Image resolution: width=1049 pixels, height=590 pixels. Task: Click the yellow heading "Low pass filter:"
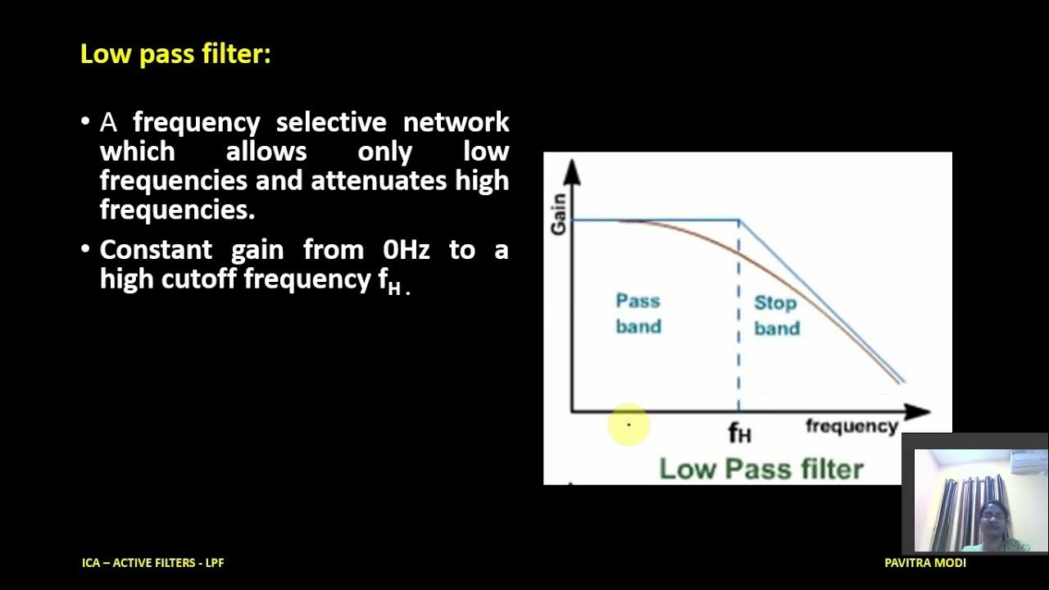coord(175,54)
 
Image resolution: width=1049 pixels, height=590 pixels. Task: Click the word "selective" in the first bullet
coord(331,122)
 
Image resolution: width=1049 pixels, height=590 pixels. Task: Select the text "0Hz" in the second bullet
coord(406,250)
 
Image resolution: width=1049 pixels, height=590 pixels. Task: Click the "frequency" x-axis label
coord(851,426)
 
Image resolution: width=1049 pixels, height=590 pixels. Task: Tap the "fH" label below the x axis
coord(739,432)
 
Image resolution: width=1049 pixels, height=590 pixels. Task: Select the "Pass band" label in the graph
coord(638,313)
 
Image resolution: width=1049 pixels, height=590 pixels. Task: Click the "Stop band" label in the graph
coord(776,315)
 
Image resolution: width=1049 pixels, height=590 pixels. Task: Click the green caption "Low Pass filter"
coord(761,469)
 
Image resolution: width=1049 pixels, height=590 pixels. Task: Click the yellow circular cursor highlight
coord(629,424)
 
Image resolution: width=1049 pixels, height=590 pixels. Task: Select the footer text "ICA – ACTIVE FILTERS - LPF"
coord(152,563)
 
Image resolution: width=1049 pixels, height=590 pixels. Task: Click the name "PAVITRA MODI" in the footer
coord(925,563)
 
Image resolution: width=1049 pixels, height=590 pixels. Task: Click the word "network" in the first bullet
coord(456,122)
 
